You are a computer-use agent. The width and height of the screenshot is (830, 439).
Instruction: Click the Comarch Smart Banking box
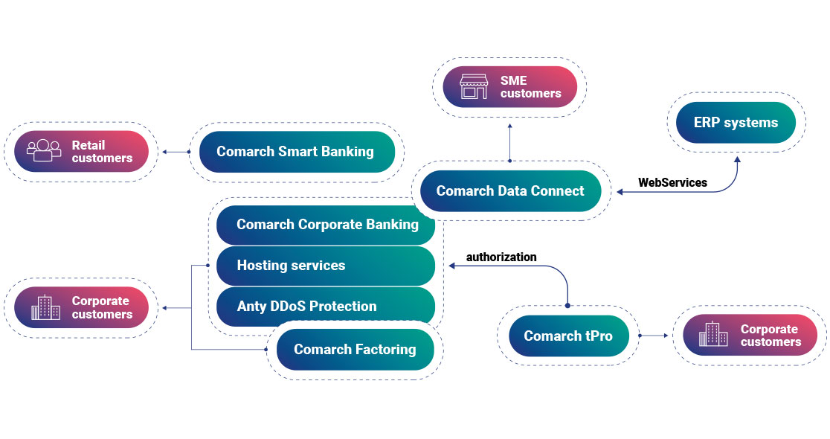[x=295, y=152]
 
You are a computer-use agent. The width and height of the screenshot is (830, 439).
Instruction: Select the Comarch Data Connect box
[x=510, y=191]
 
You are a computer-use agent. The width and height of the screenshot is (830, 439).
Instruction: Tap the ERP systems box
[x=736, y=123]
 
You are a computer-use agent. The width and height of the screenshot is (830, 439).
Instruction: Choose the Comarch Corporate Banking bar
[x=327, y=225]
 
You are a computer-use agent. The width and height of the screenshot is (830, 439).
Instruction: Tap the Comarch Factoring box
[x=355, y=350]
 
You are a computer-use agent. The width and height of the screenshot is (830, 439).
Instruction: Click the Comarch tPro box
[x=568, y=336]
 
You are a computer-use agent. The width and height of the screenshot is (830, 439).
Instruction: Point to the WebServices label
[x=672, y=182]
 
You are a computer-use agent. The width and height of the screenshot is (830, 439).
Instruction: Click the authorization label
[x=501, y=257]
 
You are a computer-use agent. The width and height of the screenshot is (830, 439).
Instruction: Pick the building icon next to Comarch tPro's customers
[x=712, y=335]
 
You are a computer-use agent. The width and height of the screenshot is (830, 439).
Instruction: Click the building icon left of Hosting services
[x=45, y=307]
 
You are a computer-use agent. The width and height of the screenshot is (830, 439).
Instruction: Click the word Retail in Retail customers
[x=89, y=145]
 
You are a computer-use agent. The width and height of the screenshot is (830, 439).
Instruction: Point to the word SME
[x=513, y=81]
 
